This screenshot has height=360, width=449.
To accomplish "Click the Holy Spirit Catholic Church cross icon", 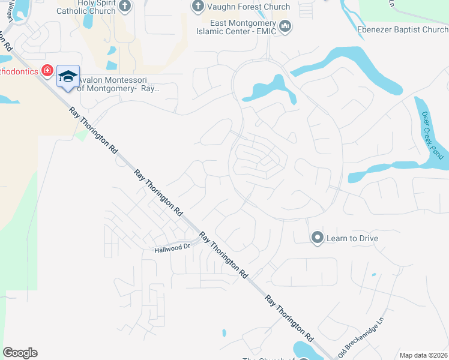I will click(x=124, y=7).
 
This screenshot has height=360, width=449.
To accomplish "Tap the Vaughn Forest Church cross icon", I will click(x=197, y=7).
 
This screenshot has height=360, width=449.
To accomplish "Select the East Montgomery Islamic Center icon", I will click(x=285, y=27).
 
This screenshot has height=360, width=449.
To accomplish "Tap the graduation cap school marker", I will click(x=68, y=76).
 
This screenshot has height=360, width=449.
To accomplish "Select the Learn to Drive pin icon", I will click(x=317, y=238).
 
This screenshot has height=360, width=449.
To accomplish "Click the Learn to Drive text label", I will click(x=352, y=238).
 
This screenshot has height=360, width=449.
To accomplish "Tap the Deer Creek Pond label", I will click(x=432, y=136).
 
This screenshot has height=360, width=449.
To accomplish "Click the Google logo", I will click(x=20, y=353).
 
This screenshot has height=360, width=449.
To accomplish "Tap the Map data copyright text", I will click(x=424, y=355).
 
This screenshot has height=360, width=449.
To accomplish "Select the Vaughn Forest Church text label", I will click(x=249, y=7).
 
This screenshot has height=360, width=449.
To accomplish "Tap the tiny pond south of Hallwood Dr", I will click(x=224, y=332).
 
